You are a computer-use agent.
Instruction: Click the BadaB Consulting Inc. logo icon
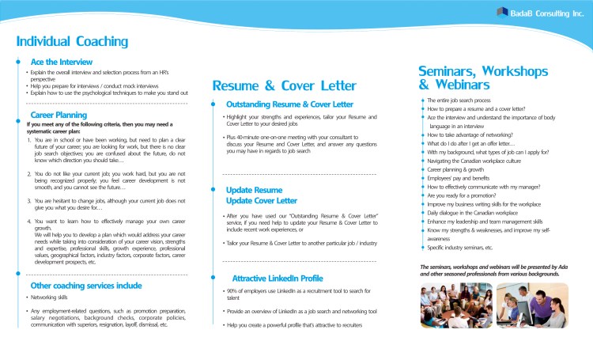pos(502,11)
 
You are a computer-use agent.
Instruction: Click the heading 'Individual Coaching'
pos(73,41)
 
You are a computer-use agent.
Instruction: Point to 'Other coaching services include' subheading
pos(85,285)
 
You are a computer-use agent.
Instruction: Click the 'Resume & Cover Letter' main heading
pos(284,85)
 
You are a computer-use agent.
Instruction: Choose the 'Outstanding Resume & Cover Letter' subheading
pos(289,104)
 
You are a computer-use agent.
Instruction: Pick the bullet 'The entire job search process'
pos(459,100)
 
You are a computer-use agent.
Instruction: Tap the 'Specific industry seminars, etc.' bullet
pos(460,248)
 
